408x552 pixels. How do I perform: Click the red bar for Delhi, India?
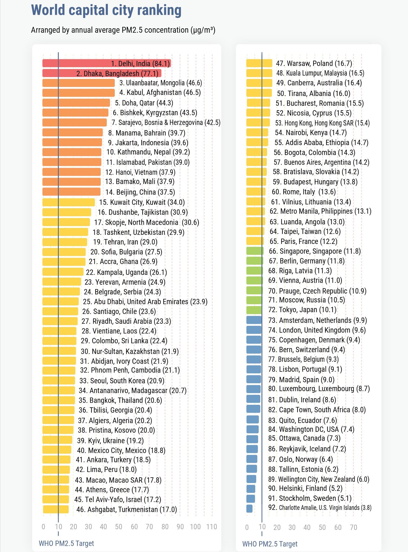[x=81, y=63]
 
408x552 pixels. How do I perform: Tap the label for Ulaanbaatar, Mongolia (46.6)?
[x=161, y=83]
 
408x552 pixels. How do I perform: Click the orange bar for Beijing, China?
[x=71, y=192]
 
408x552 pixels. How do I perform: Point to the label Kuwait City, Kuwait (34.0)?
[x=142, y=202]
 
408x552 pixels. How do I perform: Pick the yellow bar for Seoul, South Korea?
[x=58, y=381]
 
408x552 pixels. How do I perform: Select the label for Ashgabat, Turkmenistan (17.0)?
[x=127, y=509]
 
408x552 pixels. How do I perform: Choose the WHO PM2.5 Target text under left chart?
[x=66, y=543]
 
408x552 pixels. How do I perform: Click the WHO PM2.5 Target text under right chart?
[x=270, y=544]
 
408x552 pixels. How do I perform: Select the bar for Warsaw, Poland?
[x=259, y=63]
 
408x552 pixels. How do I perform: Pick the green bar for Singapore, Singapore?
[x=255, y=251]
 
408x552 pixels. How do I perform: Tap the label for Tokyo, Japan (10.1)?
[x=302, y=310]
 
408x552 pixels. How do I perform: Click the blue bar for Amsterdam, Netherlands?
[x=254, y=320]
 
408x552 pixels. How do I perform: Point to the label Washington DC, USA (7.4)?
[x=311, y=429]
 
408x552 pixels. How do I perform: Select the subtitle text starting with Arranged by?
[x=123, y=30]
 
